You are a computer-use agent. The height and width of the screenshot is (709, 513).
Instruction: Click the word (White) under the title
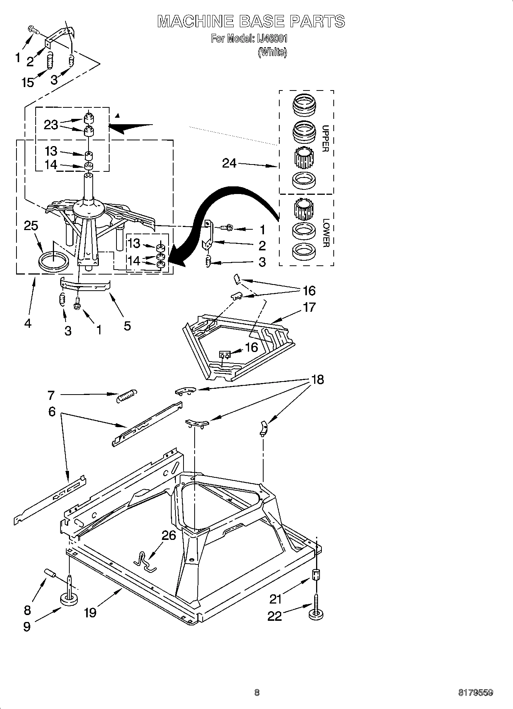[x=272, y=52]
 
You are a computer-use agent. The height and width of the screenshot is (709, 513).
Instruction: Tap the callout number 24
[x=229, y=163]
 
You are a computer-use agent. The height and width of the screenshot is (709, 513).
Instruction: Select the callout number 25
[x=31, y=226]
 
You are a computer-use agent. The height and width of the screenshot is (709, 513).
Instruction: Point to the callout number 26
[x=169, y=535]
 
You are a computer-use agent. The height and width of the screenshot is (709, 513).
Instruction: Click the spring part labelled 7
[x=126, y=395]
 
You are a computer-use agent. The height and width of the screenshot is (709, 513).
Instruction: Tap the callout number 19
[x=90, y=612]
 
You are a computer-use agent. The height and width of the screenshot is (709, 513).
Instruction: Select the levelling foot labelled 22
[x=315, y=610]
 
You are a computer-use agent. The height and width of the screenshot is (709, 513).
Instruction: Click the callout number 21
[x=275, y=599]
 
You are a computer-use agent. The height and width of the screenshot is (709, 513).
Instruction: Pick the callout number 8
[x=27, y=609]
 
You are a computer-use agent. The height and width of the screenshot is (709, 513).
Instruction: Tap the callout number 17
[x=309, y=307]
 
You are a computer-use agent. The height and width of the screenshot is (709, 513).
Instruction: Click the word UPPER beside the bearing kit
[x=325, y=138]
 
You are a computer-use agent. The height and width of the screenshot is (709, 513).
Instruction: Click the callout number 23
[x=51, y=125]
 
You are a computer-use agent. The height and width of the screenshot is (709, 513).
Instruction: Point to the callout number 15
[x=28, y=82]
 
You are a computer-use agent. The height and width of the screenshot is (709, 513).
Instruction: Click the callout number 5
[x=127, y=326]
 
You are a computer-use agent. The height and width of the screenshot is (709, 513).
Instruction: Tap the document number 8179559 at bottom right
[x=475, y=693]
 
